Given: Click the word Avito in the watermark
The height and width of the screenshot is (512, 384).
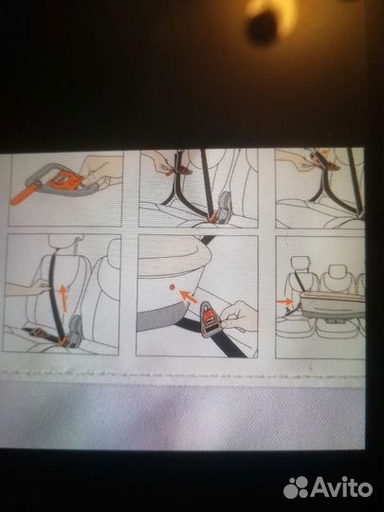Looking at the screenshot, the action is coord(342,487).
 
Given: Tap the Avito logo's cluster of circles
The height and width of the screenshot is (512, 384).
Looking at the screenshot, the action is coord(296,487).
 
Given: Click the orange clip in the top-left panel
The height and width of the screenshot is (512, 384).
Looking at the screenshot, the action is coord(64,179).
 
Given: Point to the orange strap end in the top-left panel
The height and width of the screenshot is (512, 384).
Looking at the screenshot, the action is coord(24,194).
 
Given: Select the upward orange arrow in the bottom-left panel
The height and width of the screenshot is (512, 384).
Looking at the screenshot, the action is coord(64,298).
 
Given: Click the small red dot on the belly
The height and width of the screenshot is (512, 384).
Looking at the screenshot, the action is coord(172,286).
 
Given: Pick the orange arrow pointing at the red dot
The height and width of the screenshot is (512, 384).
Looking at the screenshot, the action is coord(188,297).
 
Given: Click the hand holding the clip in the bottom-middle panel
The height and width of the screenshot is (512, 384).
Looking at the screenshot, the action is coord(237,316).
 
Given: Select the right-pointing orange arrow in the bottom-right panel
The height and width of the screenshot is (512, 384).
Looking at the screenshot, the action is coord(284,302).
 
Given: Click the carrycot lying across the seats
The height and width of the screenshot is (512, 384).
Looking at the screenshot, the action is coord(333,305).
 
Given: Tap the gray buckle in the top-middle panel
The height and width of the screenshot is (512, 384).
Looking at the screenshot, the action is coord(225,207).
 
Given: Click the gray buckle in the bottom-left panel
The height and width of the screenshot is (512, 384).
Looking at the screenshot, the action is coord(76,331).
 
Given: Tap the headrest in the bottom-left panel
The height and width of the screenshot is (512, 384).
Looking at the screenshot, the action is coord(63,242).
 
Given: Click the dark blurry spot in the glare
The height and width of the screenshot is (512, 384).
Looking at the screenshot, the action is coord(262,27).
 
